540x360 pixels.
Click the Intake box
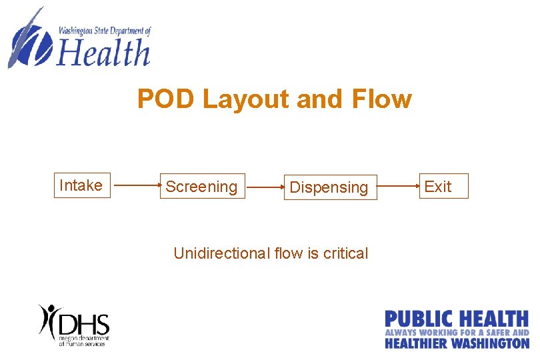(x=81, y=185)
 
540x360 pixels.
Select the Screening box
(x=202, y=187)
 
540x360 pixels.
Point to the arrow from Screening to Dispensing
(x=265, y=187)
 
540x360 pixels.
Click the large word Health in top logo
(x=103, y=53)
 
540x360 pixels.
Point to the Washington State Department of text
(x=105, y=31)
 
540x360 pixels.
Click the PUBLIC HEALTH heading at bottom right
(x=457, y=319)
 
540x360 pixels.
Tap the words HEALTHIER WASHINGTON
(x=457, y=343)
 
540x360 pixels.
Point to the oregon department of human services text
(x=82, y=341)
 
